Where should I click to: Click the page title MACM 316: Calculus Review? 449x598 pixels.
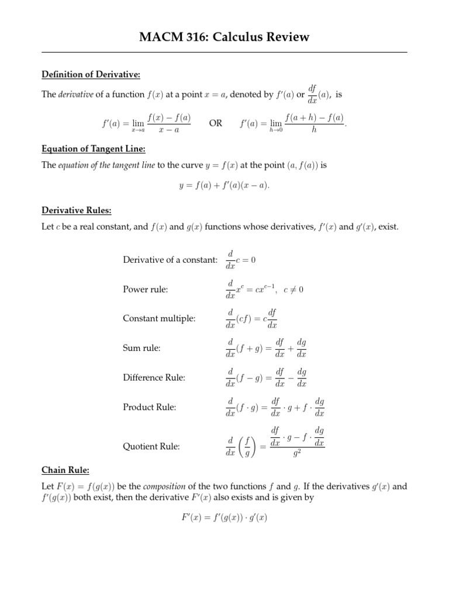(x=224, y=37)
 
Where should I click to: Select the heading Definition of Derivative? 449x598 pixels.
(x=91, y=74)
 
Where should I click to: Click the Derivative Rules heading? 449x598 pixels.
(x=76, y=210)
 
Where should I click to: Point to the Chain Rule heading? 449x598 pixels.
(x=65, y=470)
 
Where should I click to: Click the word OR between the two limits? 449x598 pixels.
(x=216, y=124)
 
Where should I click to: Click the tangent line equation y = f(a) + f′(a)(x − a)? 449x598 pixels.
(x=224, y=185)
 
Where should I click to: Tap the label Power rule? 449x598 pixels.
(x=145, y=289)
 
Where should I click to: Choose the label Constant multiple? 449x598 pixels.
(x=159, y=318)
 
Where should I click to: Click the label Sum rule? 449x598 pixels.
(x=141, y=348)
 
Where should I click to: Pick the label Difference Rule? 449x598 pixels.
(x=154, y=377)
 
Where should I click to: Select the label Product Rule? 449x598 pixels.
(x=150, y=406)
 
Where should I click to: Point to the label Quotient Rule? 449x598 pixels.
(x=151, y=446)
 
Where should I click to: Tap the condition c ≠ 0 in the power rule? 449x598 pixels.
(x=293, y=290)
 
